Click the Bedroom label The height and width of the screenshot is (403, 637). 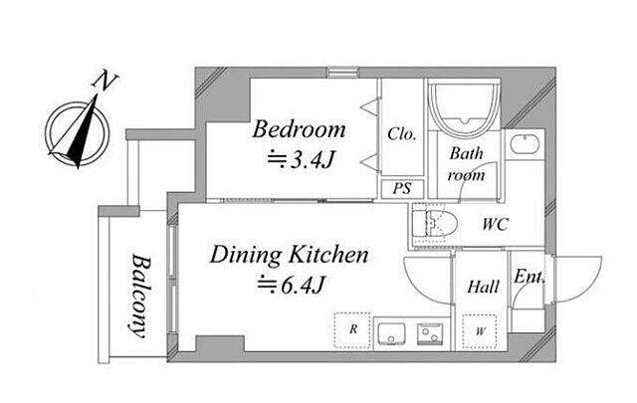tap(299, 129)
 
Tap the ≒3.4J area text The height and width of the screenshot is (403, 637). tap(301, 159)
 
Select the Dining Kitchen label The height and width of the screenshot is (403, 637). tap(289, 255)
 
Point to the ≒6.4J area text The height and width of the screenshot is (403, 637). tap(291, 285)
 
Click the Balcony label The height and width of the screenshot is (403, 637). tap(140, 297)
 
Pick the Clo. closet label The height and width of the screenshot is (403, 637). tap(402, 133)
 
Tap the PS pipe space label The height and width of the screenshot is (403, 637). tap(402, 188)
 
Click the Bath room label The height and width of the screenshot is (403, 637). tap(466, 164)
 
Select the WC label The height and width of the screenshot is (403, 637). tap(496, 224)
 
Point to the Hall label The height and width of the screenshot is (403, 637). tap(483, 287)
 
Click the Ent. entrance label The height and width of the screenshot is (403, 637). tap(529, 277)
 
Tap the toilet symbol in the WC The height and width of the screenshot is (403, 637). tap(435, 224)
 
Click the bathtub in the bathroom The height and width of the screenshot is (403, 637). tap(465, 109)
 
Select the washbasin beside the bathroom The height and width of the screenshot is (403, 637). tap(525, 144)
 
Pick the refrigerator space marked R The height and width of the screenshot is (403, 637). tap(352, 330)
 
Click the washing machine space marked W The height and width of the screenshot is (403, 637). tap(480, 331)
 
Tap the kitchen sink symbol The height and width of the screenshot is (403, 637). tap(391, 334)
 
